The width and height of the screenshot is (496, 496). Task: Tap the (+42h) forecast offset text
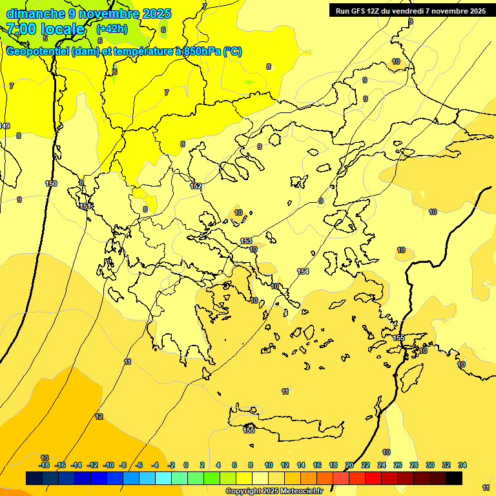tap(112, 29)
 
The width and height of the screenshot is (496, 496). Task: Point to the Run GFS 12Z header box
tap(411, 11)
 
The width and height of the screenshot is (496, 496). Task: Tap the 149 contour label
tap(5, 126)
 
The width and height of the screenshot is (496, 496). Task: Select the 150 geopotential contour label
tap(51, 183)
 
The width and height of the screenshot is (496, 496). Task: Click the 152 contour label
tap(196, 186)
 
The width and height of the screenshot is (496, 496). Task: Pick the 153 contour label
tap(246, 241)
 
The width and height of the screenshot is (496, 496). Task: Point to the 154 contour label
tap(303, 271)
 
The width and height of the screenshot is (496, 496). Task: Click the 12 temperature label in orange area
tap(99, 417)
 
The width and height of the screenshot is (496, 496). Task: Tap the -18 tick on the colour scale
tap(44, 465)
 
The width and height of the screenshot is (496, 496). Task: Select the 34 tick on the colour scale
tap(462, 465)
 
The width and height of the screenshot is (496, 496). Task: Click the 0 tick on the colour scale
tap(186, 465)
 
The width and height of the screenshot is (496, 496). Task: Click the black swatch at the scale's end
tap(454, 479)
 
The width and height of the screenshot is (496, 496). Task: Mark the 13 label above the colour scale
tap(45, 457)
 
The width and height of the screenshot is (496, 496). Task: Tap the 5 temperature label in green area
tap(45, 39)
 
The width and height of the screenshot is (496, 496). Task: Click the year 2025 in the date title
tap(158, 14)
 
